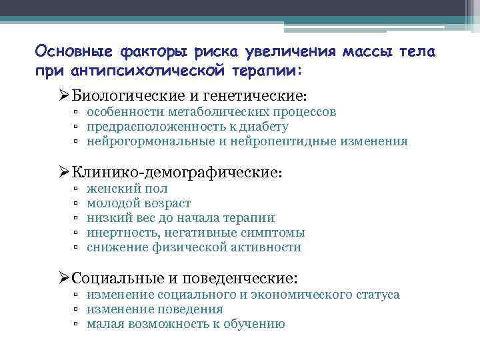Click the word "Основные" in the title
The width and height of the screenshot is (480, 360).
click(75, 51)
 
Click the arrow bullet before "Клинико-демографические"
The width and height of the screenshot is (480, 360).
click(63, 172)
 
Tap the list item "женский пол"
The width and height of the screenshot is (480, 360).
click(123, 189)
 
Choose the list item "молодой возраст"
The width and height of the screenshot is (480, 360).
click(139, 203)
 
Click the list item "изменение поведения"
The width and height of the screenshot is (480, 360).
click(155, 309)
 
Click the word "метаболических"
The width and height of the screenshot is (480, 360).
click(217, 112)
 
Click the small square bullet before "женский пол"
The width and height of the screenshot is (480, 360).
click(77, 189)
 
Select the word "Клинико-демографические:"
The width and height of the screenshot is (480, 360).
click(177, 172)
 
